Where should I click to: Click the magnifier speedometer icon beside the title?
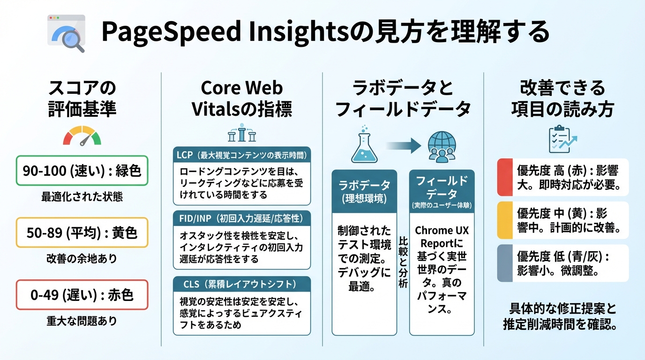pyautogui.click(x=67, y=33)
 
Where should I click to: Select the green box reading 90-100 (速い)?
pyautogui.click(x=82, y=171)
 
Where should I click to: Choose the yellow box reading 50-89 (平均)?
pyautogui.click(x=82, y=232)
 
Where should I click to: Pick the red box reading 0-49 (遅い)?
pyautogui.click(x=82, y=295)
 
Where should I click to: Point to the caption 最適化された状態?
pyautogui.click(x=82, y=197)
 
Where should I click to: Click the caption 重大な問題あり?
pyautogui.click(x=82, y=321)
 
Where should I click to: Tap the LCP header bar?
pyautogui.click(x=242, y=155)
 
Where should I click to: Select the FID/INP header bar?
pyautogui.click(x=242, y=218)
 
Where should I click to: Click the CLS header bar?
pyautogui.click(x=242, y=284)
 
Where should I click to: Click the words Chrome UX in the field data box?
pyautogui.click(x=442, y=231)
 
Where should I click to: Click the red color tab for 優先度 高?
pyautogui.click(x=505, y=177)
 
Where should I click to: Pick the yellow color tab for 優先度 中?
pyautogui.click(x=505, y=220)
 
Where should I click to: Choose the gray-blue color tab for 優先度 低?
pyautogui.click(x=505, y=263)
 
